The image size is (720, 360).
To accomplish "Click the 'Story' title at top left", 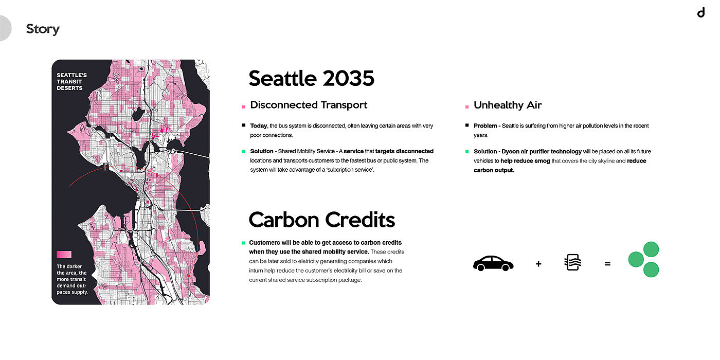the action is coord(43,29).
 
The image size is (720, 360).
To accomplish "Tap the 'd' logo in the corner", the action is coord(701,12).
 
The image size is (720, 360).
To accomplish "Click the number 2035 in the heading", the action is coord(349,78).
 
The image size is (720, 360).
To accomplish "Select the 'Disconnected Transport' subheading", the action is coord(309,105).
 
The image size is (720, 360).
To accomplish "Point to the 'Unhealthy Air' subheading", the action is coord(508,105).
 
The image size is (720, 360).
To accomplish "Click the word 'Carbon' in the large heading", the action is coord(284,220).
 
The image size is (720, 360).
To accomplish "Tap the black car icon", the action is coord(493,263).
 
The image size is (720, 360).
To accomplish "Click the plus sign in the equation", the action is coord(538,264).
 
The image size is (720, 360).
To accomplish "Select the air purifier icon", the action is coord(573,262).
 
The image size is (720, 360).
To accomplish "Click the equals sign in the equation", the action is coord(607,264).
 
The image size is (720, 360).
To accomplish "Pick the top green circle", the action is coord(651,249).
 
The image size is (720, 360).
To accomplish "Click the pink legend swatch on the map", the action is coord(64,255).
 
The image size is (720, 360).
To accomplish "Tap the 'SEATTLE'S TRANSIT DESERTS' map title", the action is coord(71,82).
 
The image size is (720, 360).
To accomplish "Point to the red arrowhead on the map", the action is coord(189,275).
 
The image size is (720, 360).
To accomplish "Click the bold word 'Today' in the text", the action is coord(258,125).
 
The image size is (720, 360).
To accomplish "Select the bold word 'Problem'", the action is coord(485,125).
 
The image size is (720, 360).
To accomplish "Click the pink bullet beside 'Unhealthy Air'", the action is coord(467,107).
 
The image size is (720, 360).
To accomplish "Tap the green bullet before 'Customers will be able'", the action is coord(243,243).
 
